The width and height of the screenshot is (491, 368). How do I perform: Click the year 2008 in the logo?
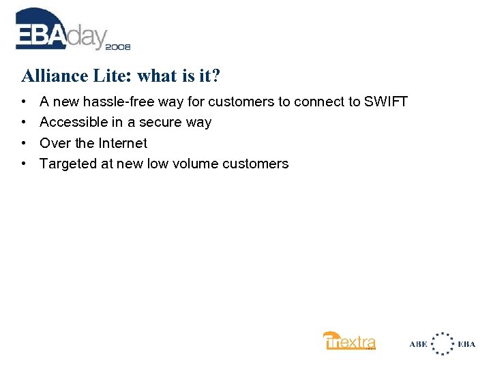117,47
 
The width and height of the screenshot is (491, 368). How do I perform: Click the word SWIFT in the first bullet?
385,102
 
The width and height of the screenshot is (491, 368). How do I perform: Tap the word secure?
161,123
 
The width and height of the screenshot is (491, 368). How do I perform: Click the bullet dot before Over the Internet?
24,143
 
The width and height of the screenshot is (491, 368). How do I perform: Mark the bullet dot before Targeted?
24,164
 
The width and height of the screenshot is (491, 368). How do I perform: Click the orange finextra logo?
349,341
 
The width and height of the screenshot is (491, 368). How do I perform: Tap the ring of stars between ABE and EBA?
444,343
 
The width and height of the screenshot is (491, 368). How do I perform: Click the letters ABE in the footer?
419,344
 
